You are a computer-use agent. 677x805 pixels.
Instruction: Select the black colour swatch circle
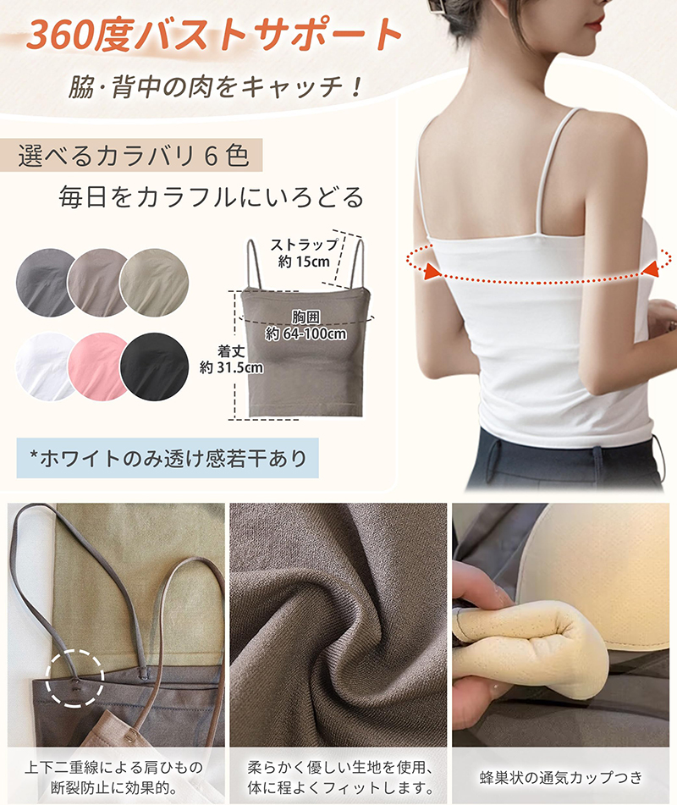point(155,366)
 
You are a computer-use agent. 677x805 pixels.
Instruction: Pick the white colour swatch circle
point(44,366)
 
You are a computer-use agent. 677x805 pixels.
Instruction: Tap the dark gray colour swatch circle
point(44,283)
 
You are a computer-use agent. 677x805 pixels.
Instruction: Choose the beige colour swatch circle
point(155,283)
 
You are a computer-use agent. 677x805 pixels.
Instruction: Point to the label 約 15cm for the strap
point(304,262)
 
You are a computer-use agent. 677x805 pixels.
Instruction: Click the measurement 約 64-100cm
point(305,334)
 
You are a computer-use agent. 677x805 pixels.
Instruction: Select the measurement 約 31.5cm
point(232,367)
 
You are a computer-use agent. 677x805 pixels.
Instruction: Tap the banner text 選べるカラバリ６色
point(134,156)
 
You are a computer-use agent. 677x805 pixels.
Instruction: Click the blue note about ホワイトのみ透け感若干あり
point(168,459)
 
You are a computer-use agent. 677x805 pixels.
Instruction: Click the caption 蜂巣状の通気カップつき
point(560,777)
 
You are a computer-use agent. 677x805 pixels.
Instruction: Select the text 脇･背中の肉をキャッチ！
point(215,85)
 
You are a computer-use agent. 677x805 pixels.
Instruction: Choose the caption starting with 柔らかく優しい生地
point(338,777)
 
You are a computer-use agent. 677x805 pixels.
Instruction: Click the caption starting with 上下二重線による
point(114,777)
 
